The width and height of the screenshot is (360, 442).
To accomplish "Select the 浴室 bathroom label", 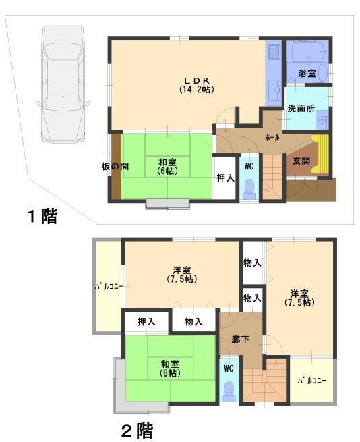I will click(x=307, y=73).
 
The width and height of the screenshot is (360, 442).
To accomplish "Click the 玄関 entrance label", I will click(x=301, y=161).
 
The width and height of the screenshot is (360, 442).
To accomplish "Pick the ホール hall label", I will click(x=272, y=137).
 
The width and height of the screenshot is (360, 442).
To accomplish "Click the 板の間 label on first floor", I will click(x=107, y=165).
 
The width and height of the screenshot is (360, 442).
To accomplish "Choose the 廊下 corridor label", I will click(x=240, y=339).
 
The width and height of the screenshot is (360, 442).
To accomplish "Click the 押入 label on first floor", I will click(x=225, y=178).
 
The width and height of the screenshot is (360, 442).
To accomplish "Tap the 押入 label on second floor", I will click(x=146, y=321).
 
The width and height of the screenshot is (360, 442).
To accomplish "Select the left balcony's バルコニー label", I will click(x=107, y=287).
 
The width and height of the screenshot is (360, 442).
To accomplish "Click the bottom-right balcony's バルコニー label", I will click(x=311, y=381).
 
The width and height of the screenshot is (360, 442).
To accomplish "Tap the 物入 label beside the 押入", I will click(x=193, y=321).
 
